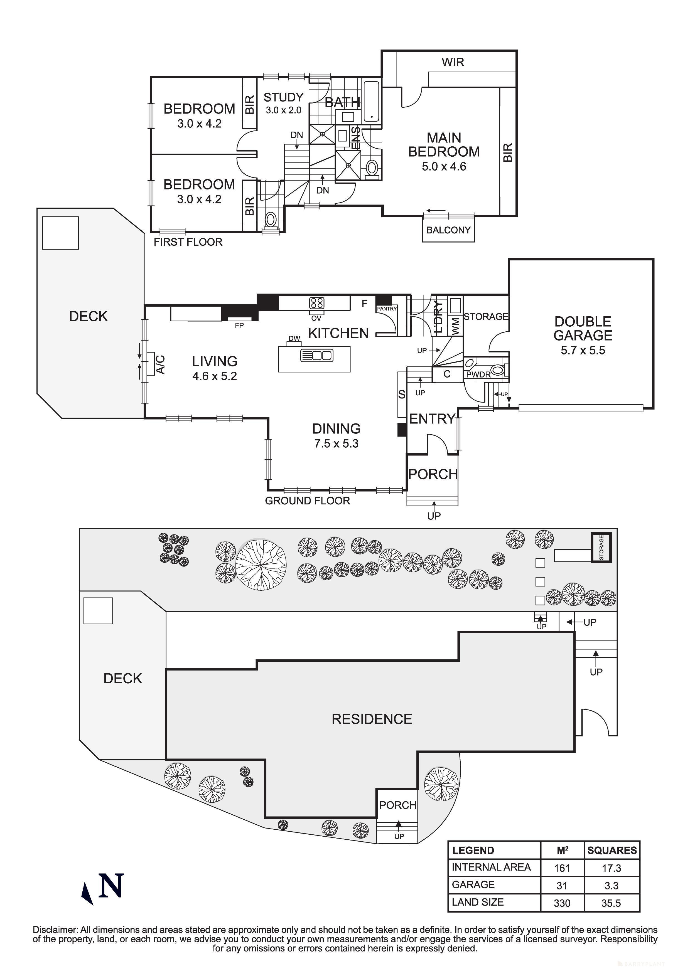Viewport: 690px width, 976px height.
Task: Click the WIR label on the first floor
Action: click(453, 63)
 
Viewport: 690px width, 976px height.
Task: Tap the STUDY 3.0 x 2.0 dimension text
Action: click(284, 110)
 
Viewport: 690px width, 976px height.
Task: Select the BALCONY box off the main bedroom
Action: click(448, 230)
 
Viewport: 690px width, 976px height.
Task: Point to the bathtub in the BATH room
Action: click(372, 102)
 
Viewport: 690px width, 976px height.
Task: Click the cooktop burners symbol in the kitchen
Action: click(317, 303)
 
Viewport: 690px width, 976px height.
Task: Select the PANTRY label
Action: click(386, 309)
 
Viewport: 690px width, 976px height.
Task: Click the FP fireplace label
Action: click(239, 326)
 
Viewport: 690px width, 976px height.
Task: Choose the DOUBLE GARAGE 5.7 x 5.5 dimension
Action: click(583, 351)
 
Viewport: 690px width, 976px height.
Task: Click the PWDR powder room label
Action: click(478, 374)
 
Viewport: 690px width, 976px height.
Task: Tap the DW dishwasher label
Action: click(294, 338)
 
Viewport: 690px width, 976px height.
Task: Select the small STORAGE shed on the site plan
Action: click(601, 548)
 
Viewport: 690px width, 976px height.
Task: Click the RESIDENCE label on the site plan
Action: click(372, 719)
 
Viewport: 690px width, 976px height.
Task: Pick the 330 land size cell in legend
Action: click(562, 903)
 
